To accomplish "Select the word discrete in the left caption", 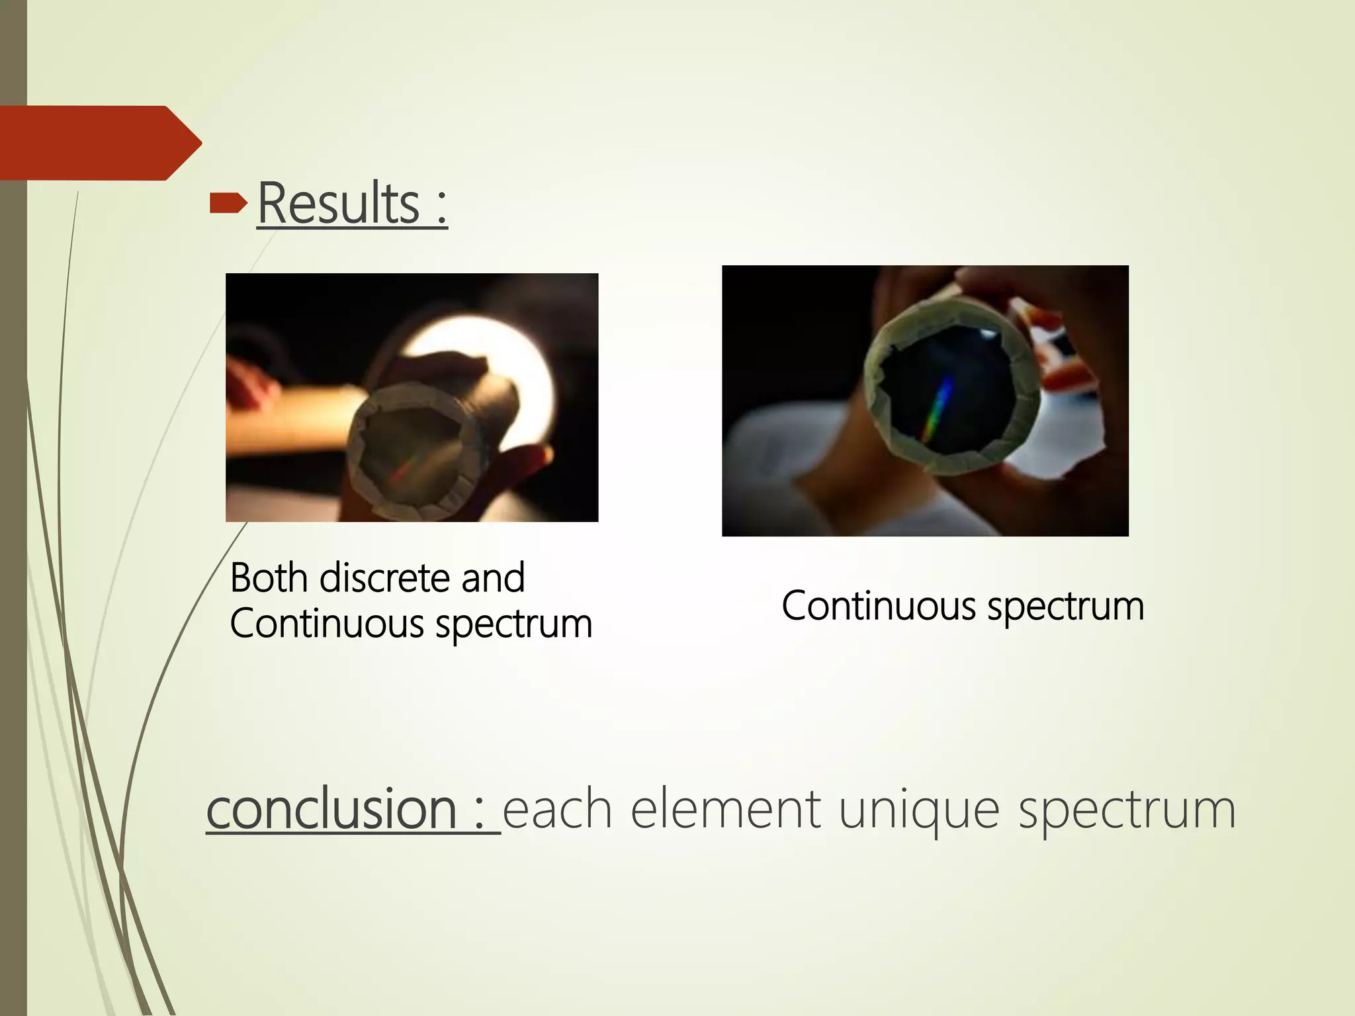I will (x=384, y=578).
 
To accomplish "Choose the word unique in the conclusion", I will (x=919, y=810).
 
